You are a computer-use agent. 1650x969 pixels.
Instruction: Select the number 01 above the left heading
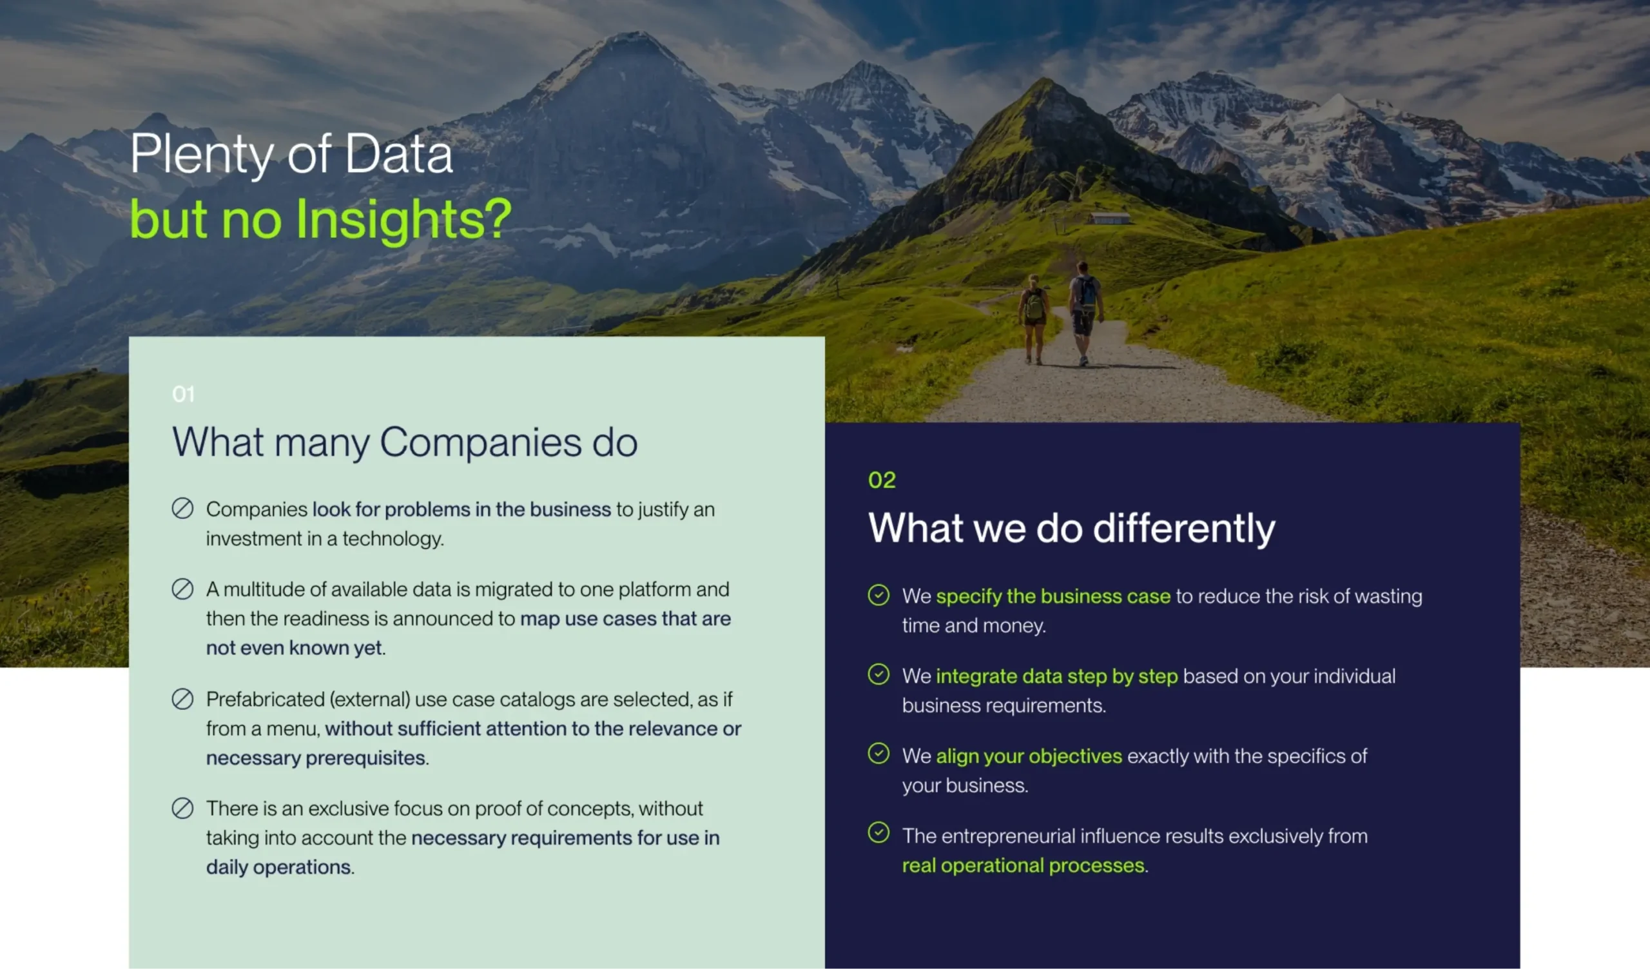183,394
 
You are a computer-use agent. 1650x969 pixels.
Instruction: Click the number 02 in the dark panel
882,480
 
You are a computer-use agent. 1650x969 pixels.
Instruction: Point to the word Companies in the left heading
481,444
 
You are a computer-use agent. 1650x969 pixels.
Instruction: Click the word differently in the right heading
1185,529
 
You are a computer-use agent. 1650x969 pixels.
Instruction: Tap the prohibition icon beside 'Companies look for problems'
182,509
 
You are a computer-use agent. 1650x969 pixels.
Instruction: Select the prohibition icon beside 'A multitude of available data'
182,589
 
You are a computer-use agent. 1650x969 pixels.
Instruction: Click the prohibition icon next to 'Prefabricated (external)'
182,700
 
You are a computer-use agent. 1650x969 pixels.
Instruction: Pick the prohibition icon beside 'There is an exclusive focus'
182,808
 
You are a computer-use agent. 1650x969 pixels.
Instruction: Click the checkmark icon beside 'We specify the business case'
878,595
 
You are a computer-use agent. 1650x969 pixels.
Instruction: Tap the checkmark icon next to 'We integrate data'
878,674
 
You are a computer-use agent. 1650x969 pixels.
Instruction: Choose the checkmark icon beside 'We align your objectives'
878,754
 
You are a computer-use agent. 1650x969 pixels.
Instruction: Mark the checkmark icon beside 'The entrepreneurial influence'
878,834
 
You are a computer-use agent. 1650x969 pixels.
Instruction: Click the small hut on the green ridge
1110,218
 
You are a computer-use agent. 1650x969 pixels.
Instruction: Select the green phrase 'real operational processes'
1024,866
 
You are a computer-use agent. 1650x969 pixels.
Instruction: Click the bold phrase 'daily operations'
279,868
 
